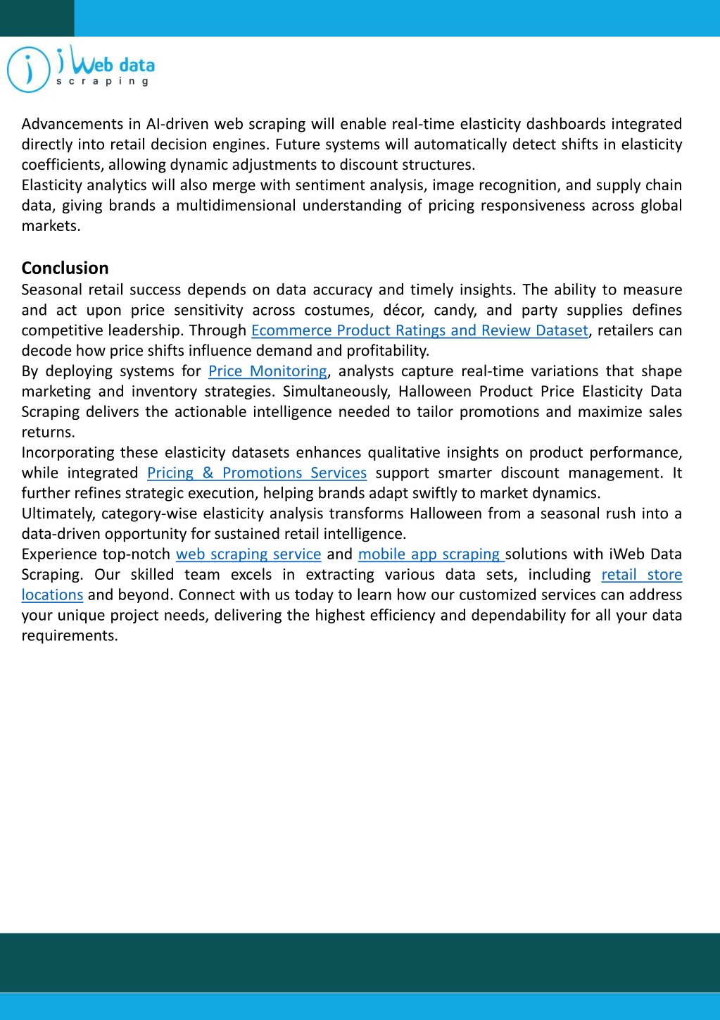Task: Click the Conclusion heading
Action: (x=65, y=268)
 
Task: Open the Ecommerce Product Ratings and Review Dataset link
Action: (x=419, y=330)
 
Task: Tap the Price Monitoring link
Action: (x=267, y=371)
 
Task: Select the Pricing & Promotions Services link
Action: (x=257, y=473)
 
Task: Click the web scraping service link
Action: (x=248, y=554)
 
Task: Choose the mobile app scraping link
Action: (x=430, y=554)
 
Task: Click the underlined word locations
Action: (x=52, y=595)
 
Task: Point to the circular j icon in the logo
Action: (x=28, y=70)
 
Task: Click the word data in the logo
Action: (x=137, y=66)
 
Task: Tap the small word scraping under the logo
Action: (x=103, y=82)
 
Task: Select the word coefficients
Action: (x=62, y=165)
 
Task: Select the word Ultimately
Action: (x=58, y=514)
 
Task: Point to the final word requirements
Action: (x=69, y=636)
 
